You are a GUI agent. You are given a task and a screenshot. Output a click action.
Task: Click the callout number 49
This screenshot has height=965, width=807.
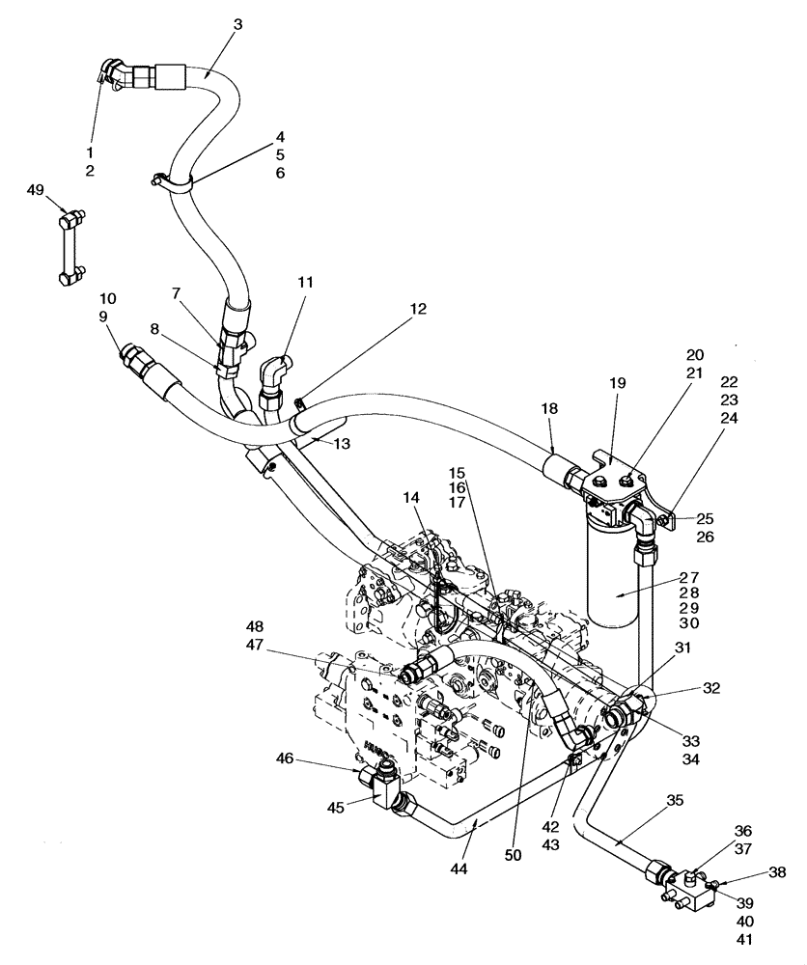37,190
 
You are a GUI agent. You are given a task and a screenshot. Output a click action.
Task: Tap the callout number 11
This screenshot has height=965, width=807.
305,283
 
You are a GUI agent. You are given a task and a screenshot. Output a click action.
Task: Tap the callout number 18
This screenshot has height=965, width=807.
550,409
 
